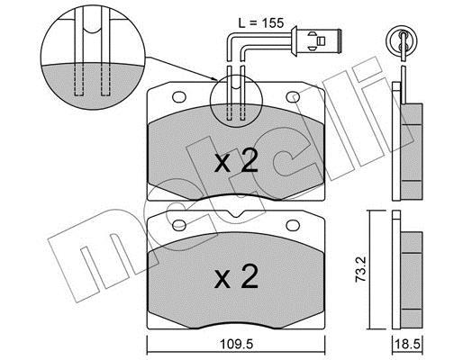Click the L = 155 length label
[x=260, y=23]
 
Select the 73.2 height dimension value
[x=360, y=269]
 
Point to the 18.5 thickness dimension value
[x=407, y=344]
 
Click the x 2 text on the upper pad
[x=236, y=161]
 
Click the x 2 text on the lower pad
[x=236, y=276]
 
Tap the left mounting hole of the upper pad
[x=179, y=96]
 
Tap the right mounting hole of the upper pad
[x=293, y=96]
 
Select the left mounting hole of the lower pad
[x=179, y=225]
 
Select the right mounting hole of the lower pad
[x=293, y=225]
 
